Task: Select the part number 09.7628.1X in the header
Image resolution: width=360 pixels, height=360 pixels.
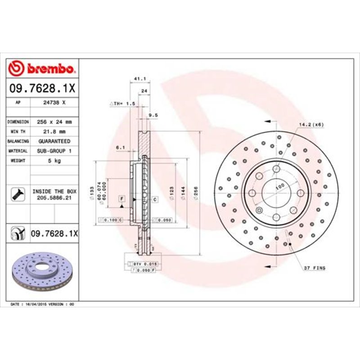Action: tap(43, 90)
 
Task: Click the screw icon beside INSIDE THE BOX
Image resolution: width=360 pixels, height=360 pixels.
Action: tap(15, 194)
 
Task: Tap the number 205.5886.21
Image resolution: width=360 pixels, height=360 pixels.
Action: tap(54, 198)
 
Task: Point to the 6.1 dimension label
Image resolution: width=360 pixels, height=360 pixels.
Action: tap(120, 147)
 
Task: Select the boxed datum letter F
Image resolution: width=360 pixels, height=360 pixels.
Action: tap(121, 198)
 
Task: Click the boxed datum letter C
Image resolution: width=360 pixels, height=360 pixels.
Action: tap(154, 198)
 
